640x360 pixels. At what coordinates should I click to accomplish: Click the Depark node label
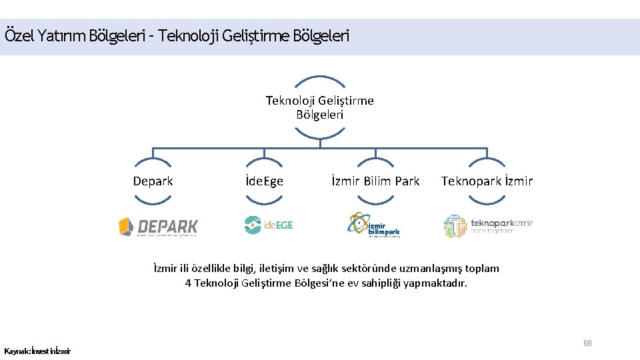click(x=153, y=181)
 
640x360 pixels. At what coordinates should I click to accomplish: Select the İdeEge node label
click(x=264, y=181)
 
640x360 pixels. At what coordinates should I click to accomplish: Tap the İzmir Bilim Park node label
click(x=375, y=181)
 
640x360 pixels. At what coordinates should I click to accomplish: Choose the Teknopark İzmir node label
click(x=487, y=181)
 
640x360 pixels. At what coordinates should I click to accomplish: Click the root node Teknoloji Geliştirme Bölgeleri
click(x=320, y=107)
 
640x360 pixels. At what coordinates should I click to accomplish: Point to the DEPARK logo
click(x=158, y=227)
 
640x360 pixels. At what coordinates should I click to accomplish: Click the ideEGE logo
click(x=268, y=225)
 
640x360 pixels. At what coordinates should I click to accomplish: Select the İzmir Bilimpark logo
click(x=374, y=225)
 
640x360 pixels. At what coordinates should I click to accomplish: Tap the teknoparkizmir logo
click(x=488, y=226)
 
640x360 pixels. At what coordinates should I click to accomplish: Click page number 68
click(x=587, y=343)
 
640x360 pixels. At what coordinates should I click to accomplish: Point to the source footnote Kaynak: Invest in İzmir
click(x=37, y=351)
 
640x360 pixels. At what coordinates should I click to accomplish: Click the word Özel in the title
click(x=18, y=35)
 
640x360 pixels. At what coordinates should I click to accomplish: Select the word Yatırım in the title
click(x=62, y=35)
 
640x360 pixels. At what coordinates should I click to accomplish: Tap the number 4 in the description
click(x=188, y=283)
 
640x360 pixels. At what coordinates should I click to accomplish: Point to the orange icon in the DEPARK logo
click(x=126, y=227)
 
